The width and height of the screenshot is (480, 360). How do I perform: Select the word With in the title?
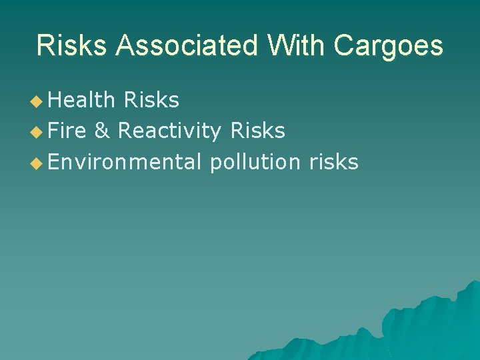coord(297,46)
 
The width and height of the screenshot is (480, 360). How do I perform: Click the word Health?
coord(82,100)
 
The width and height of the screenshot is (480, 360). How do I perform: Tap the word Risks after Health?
coord(151,100)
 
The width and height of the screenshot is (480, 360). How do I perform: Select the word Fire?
coord(67,131)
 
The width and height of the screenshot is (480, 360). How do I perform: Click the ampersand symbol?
coord(102,131)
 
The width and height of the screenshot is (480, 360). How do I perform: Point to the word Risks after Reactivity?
coord(257,131)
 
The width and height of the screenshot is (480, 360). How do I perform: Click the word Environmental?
coord(125,161)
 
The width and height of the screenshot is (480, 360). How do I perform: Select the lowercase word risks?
coord(334,161)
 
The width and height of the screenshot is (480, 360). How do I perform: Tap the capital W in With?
coord(281,46)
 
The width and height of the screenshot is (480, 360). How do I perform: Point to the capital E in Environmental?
coord(53,161)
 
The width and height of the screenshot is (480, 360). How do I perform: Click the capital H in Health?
coord(55,100)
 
